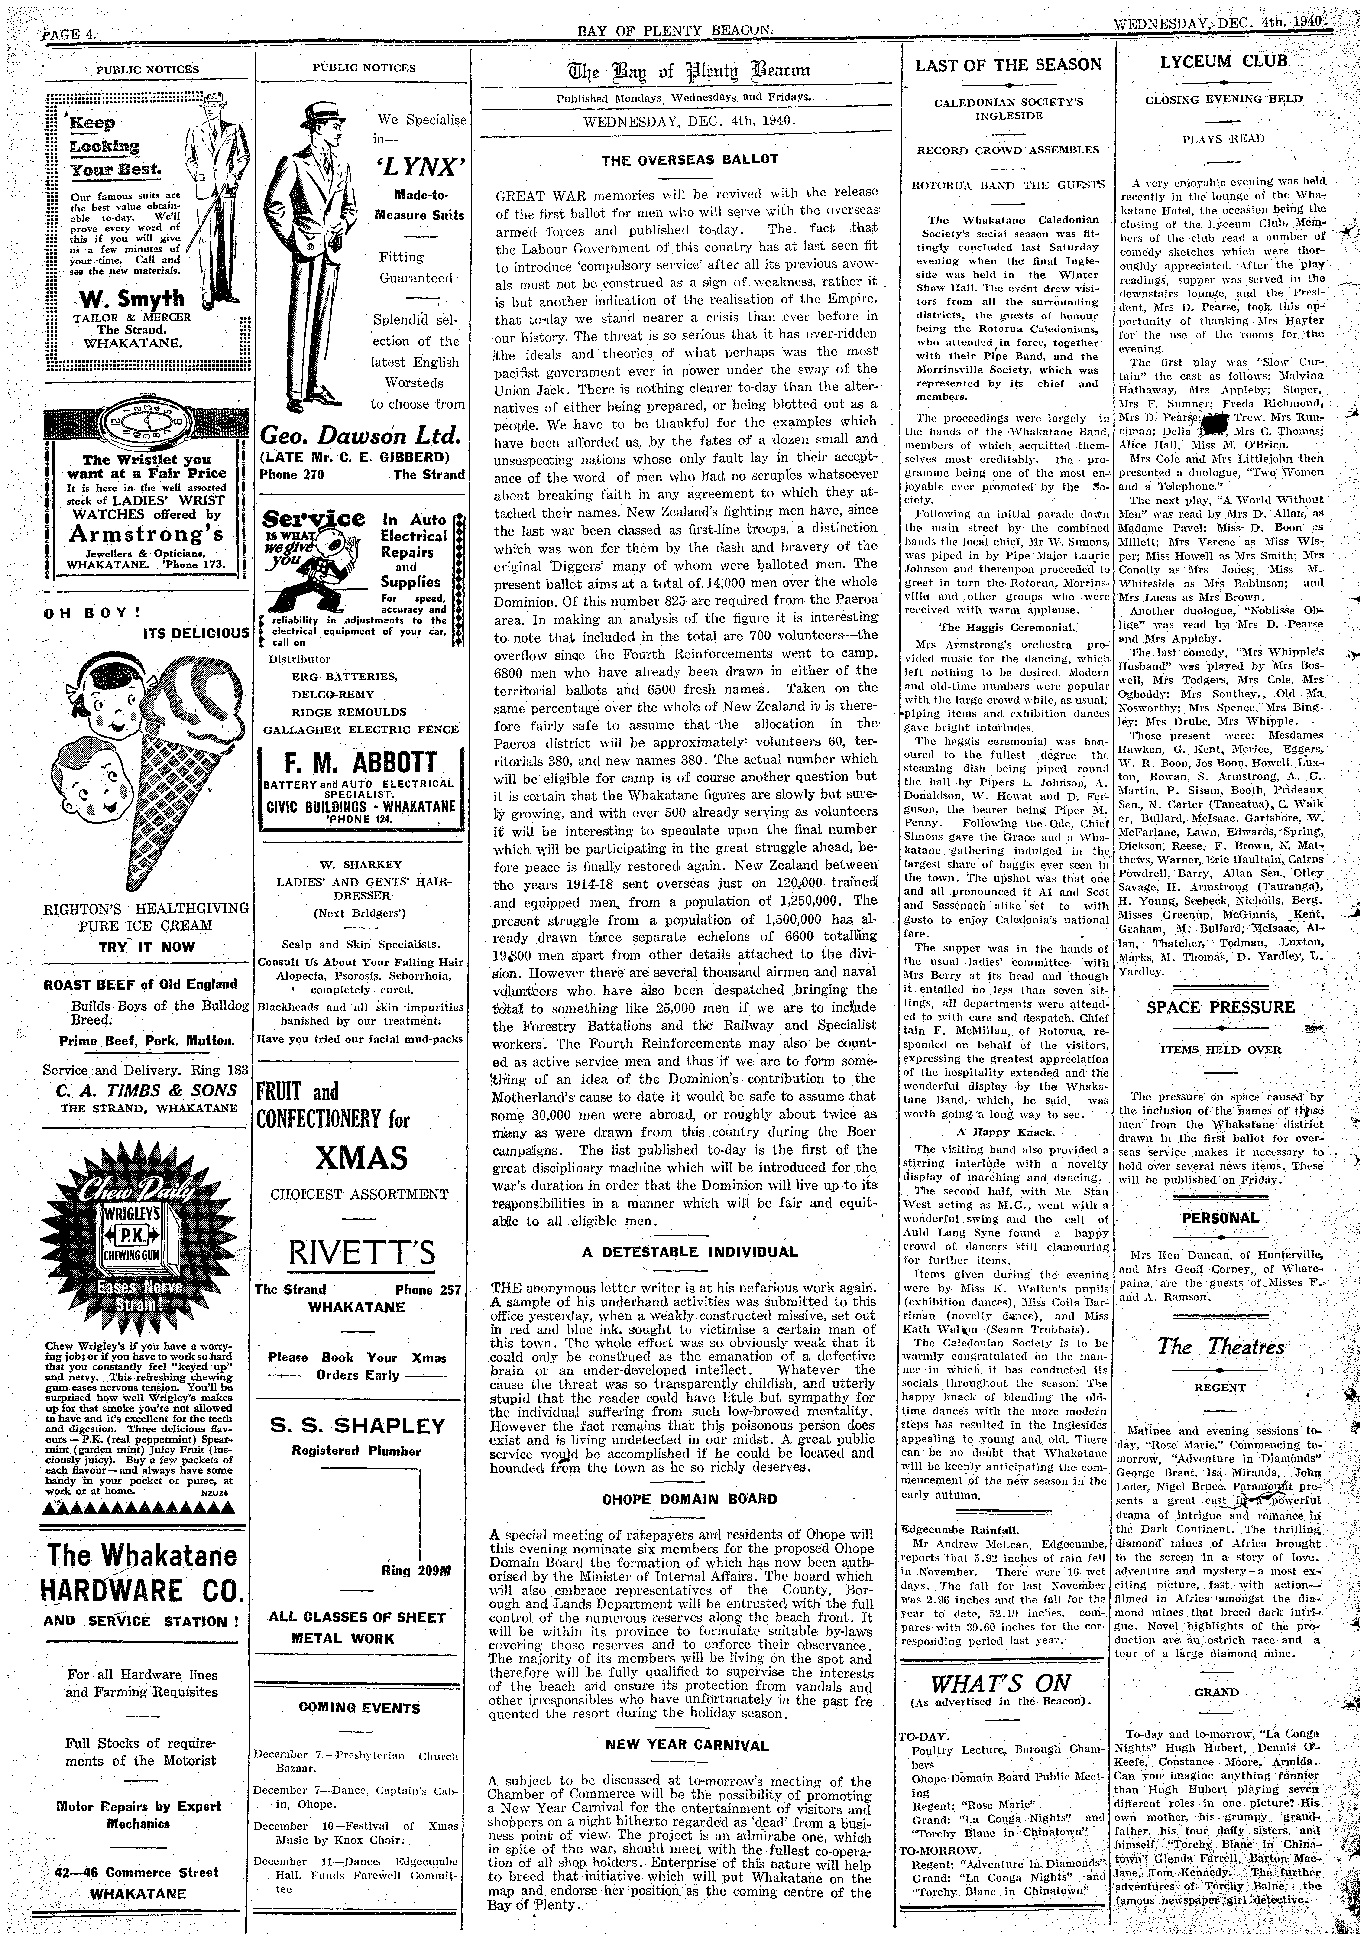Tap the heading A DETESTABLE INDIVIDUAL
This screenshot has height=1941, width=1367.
coord(689,1252)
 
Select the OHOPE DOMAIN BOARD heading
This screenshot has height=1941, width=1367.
coord(689,1499)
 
